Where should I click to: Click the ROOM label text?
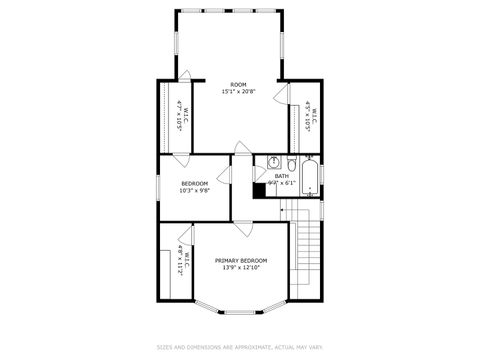pyautogui.click(x=238, y=84)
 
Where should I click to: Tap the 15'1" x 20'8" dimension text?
pyautogui.click(x=238, y=92)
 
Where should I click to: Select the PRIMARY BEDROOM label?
pyautogui.click(x=240, y=260)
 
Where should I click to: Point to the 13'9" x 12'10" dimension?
pyautogui.click(x=240, y=268)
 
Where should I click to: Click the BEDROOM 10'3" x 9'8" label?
pyautogui.click(x=194, y=187)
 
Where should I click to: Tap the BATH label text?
pyautogui.click(x=282, y=176)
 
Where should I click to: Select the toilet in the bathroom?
pyautogui.click(x=289, y=164)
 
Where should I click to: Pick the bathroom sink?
pyautogui.click(x=272, y=163)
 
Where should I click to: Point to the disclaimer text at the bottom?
pyautogui.click(x=240, y=347)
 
